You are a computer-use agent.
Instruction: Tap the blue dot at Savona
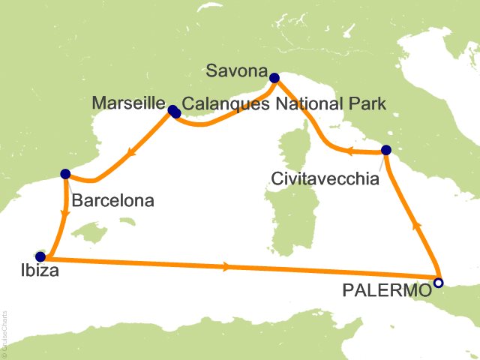pos(274,76)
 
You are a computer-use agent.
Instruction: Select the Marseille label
pos(127,102)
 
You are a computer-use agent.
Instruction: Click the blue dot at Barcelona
pos(64,173)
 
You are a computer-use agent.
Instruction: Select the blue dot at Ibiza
pos(40,256)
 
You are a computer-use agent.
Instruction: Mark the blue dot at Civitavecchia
pos(385,150)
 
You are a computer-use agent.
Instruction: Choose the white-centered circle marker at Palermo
pos(438,283)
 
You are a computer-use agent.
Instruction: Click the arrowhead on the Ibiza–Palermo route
pos(226,267)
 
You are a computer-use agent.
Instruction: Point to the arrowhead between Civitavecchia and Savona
pos(349,152)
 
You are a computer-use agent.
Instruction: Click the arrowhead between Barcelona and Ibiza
pos(65,212)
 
